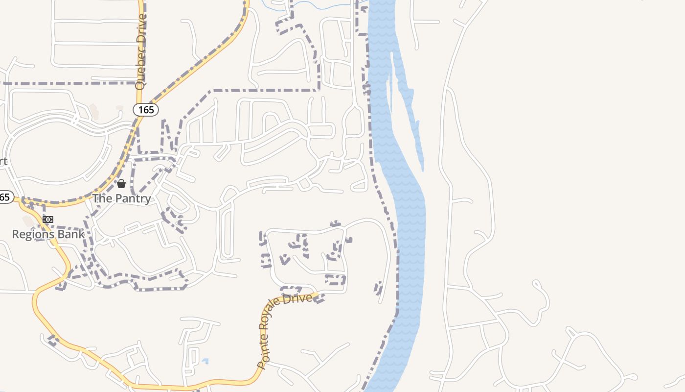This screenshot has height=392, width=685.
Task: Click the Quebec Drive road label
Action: pos(141,51)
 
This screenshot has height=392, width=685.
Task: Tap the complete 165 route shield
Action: pos(146,110)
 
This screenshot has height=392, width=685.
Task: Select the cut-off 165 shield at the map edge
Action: pos(5,197)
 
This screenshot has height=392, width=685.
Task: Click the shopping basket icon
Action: pos(121,184)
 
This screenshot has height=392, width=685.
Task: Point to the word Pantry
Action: pos(133,198)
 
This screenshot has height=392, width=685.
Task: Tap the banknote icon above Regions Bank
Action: pos(48,220)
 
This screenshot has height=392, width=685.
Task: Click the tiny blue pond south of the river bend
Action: pos(205,362)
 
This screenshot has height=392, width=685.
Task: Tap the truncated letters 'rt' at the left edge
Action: pos(3,162)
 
